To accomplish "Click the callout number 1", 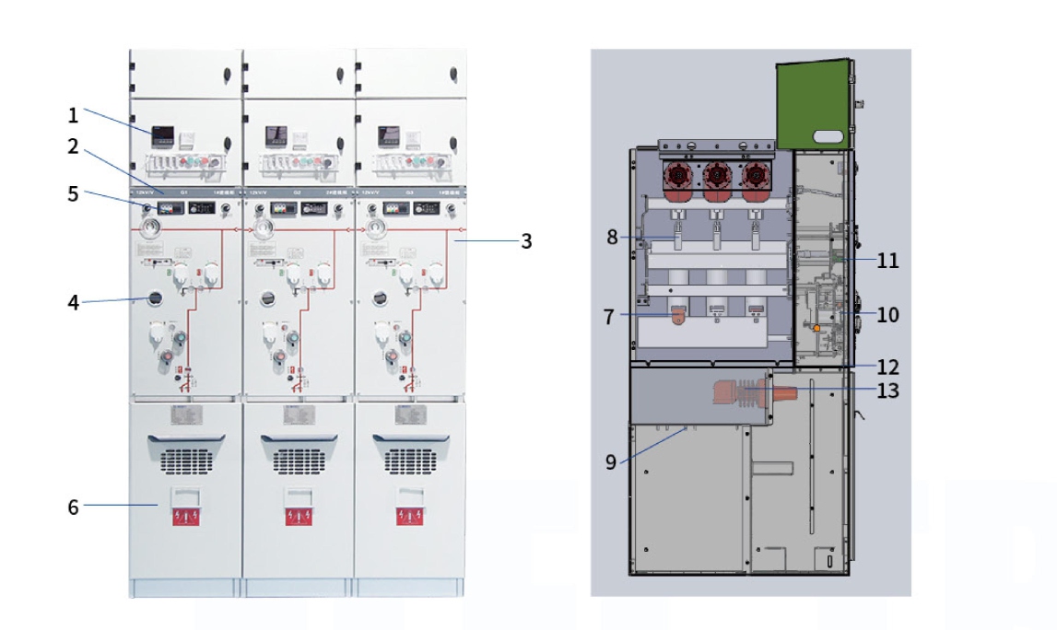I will click(73, 116).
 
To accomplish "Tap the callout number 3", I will click(526, 241).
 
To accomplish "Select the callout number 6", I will click(73, 505).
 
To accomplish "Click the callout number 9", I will click(611, 462).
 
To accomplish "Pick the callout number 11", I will click(887, 261).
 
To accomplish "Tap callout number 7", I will click(608, 316).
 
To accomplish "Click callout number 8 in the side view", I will click(612, 237).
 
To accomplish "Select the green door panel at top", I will click(814, 104).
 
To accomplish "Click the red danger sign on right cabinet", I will click(411, 516).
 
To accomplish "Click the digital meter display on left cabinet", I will click(162, 136).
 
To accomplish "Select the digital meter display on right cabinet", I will click(388, 136).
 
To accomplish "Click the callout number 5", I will click(73, 193).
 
